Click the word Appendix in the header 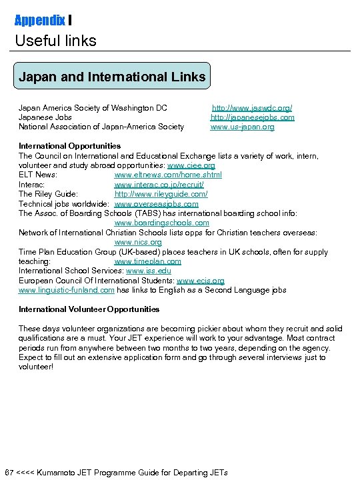[x=39, y=20]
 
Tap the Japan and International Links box [x=112, y=77]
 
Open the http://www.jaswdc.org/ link [x=252, y=107]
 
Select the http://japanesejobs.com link [x=252, y=117]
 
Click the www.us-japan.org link [x=242, y=127]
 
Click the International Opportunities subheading [x=69, y=145]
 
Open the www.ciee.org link [x=191, y=165]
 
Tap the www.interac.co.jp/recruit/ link [x=159, y=184]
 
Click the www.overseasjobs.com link [x=156, y=203]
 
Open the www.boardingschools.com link [x=161, y=223]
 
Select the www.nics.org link [x=138, y=242]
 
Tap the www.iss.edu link [x=149, y=271]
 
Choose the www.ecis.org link [x=200, y=281]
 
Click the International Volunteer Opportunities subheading [x=89, y=309]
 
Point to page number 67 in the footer [x=9, y=473]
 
